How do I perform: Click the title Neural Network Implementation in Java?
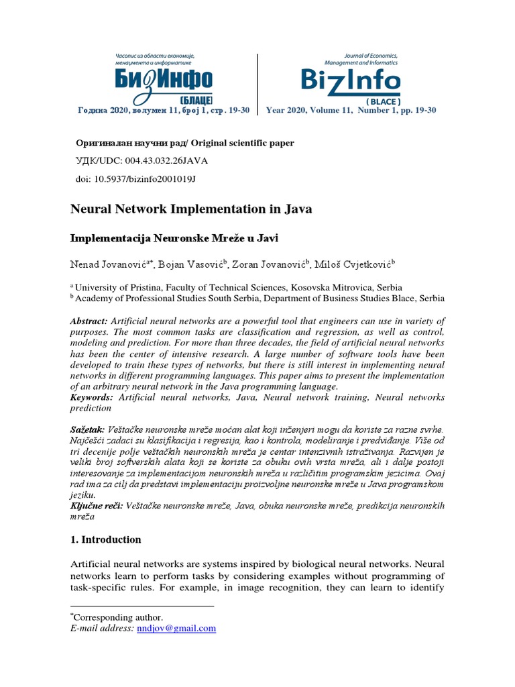coord(191,209)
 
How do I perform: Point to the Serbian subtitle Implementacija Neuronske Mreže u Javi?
coord(173,238)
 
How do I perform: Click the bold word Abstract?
coord(89,322)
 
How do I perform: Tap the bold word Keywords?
coord(92,398)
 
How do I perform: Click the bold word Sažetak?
coord(88,428)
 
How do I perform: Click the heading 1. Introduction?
coord(106,539)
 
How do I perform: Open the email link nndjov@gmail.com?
coord(176,629)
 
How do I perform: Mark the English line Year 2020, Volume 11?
coord(309,111)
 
